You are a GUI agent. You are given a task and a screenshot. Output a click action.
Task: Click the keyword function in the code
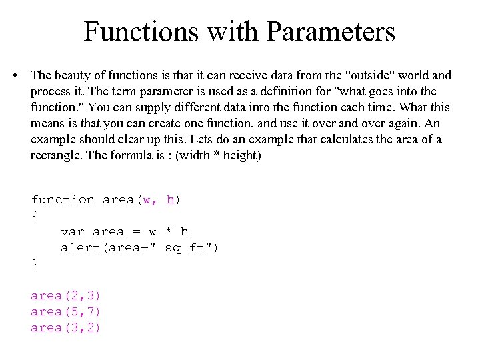coord(63,199)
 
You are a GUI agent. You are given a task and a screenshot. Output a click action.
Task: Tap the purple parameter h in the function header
coord(171,199)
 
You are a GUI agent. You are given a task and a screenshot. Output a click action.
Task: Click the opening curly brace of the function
coord(35,216)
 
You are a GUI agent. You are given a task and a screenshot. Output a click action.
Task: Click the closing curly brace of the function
coord(35,264)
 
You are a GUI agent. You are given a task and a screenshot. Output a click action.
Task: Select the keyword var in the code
coord(72,232)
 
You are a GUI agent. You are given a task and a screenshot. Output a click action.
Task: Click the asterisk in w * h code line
coord(169,232)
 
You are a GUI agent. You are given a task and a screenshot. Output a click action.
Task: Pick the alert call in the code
coord(79,248)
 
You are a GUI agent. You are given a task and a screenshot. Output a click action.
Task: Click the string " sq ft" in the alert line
coord(183,248)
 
